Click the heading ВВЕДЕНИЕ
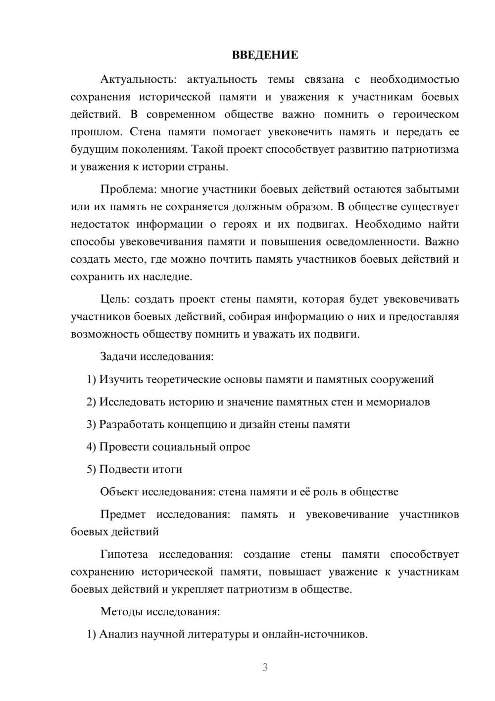pyautogui.click(x=265, y=55)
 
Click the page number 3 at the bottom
pyautogui.click(x=265, y=667)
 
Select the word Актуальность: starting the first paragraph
pyautogui.click(x=137, y=79)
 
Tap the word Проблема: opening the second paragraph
pyautogui.click(x=128, y=189)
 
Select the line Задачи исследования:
pyautogui.click(x=157, y=357)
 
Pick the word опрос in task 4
pyautogui.click(x=234, y=447)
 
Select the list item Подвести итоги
pyautogui.click(x=141, y=469)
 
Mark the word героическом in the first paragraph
pyautogui.click(x=426, y=115)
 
